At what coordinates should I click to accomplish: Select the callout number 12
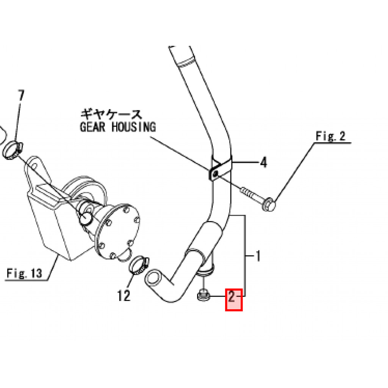(124, 295)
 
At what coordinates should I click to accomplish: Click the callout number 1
(258, 257)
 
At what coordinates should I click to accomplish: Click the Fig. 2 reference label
(330, 136)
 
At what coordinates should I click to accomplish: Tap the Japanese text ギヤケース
(111, 114)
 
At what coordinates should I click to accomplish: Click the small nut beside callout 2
(203, 295)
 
